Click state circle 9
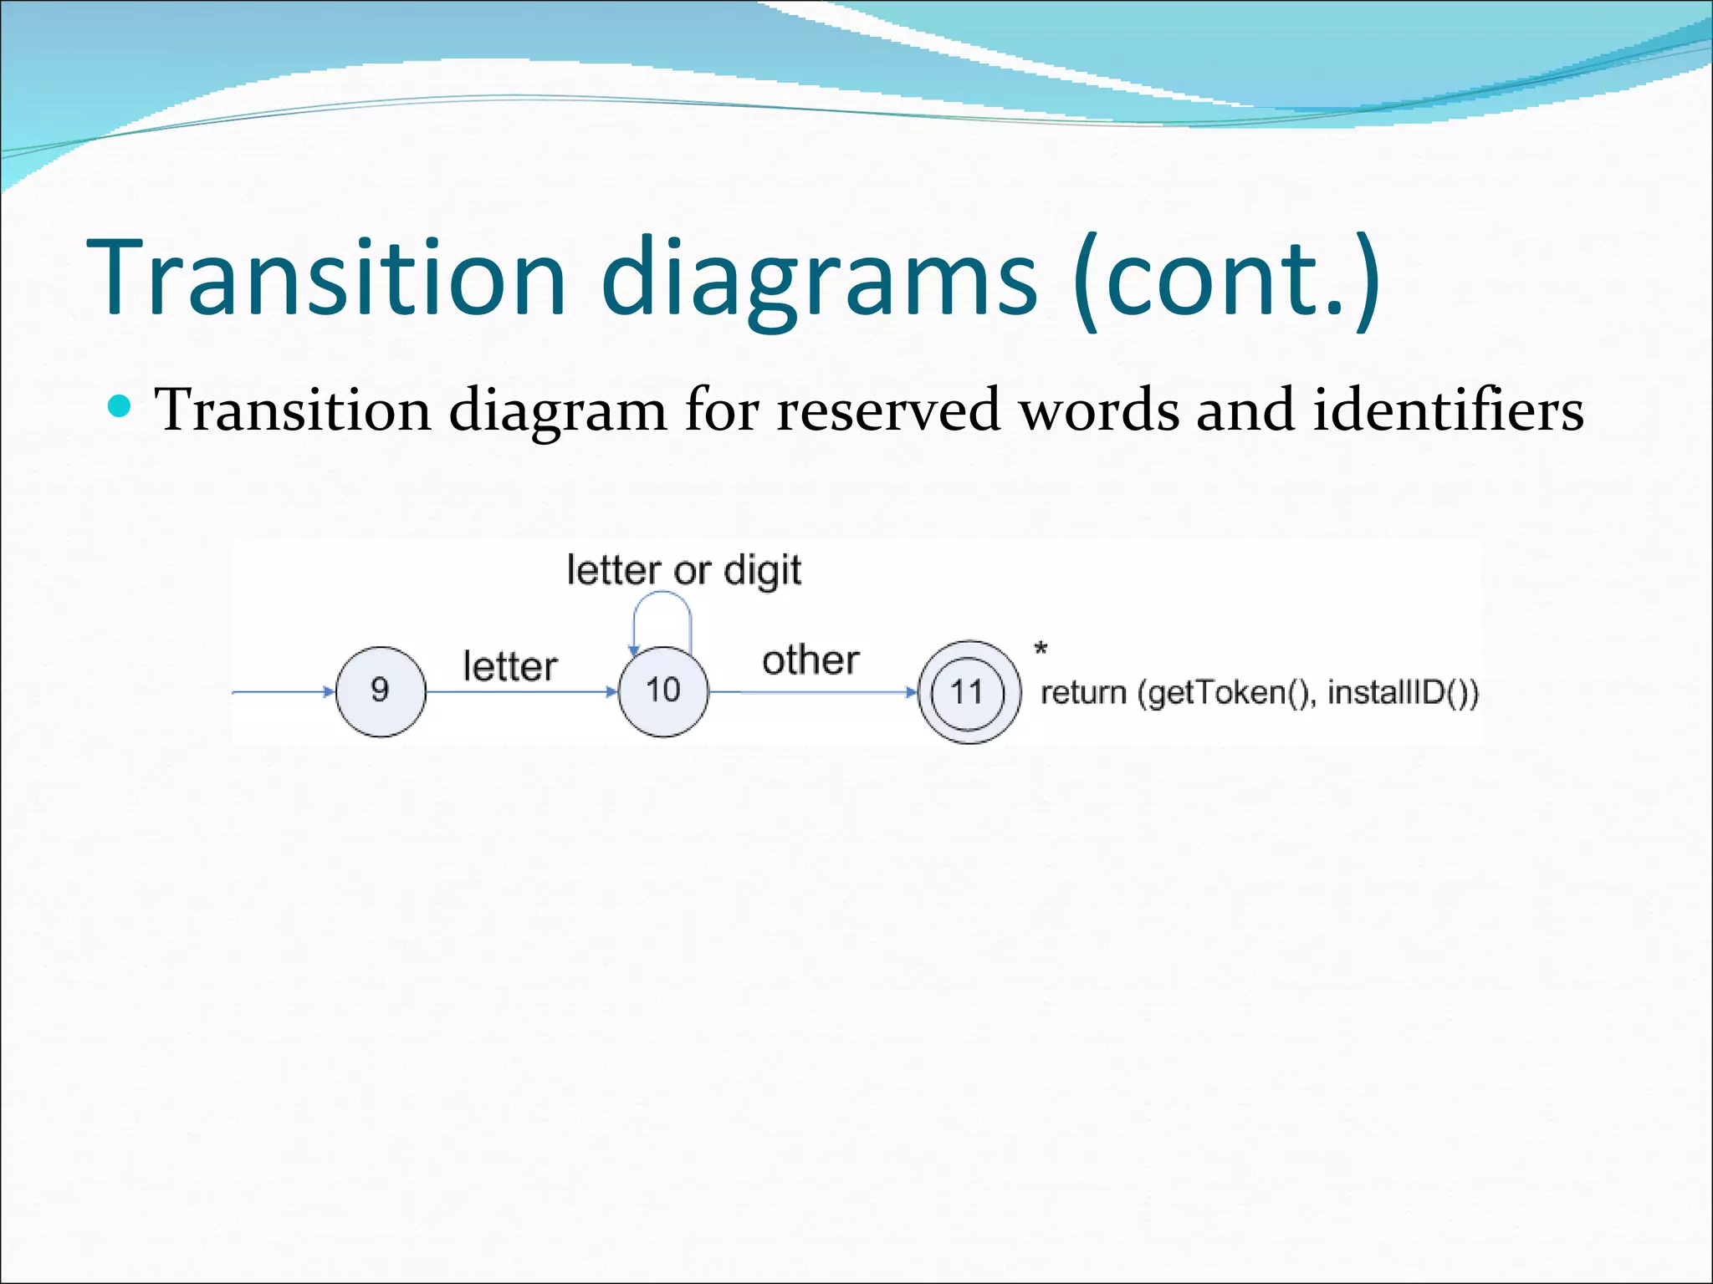point(381,691)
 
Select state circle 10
point(663,691)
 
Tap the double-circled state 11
point(969,692)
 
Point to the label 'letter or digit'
point(683,571)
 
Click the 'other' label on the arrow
point(810,660)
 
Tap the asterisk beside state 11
point(1041,648)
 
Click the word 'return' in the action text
point(1083,693)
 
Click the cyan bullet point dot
point(120,407)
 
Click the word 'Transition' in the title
point(327,278)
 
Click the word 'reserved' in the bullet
point(887,410)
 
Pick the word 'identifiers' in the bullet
point(1448,410)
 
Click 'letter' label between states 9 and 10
point(509,667)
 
